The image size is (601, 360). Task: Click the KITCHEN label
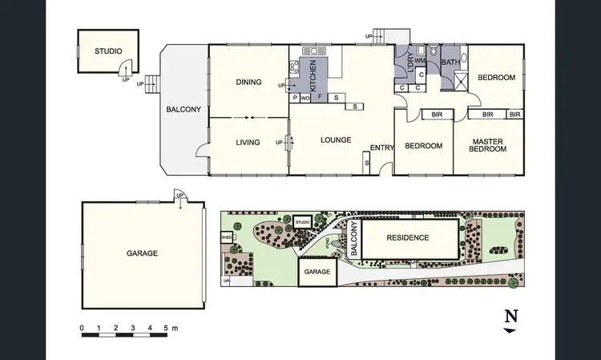(313, 76)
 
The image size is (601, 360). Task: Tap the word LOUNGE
(336, 140)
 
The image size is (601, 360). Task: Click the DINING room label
(249, 82)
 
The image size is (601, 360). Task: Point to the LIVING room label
(248, 143)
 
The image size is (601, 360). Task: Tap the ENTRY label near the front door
(381, 147)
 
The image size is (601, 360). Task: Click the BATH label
(451, 62)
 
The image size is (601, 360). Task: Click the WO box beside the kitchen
(305, 98)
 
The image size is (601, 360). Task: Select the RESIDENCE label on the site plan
(408, 237)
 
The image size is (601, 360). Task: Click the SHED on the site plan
(227, 237)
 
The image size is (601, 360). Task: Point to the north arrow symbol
(510, 319)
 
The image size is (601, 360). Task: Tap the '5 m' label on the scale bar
(170, 329)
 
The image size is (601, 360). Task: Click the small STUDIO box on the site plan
(302, 222)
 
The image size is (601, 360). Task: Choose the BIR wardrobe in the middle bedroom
(437, 115)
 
